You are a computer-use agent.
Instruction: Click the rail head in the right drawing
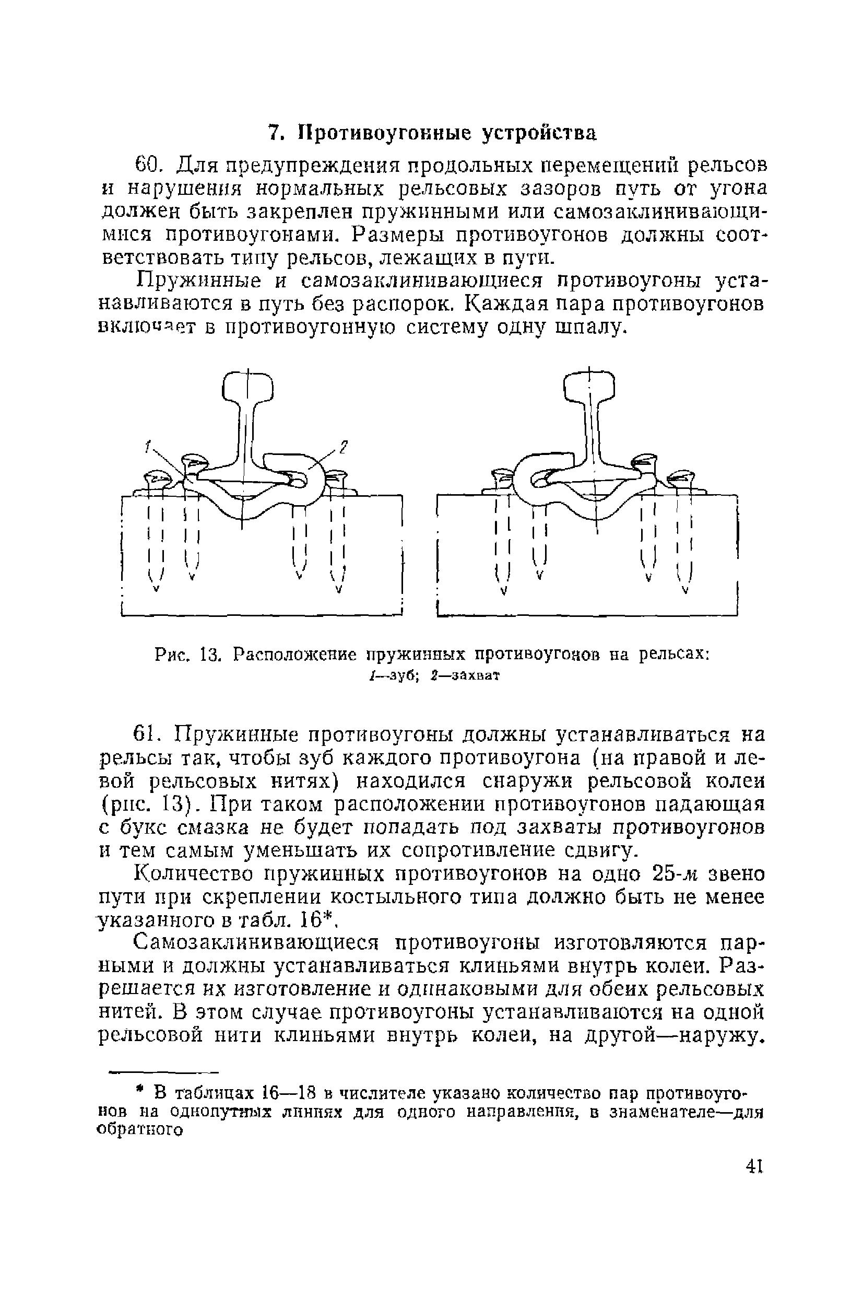[x=589, y=387]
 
